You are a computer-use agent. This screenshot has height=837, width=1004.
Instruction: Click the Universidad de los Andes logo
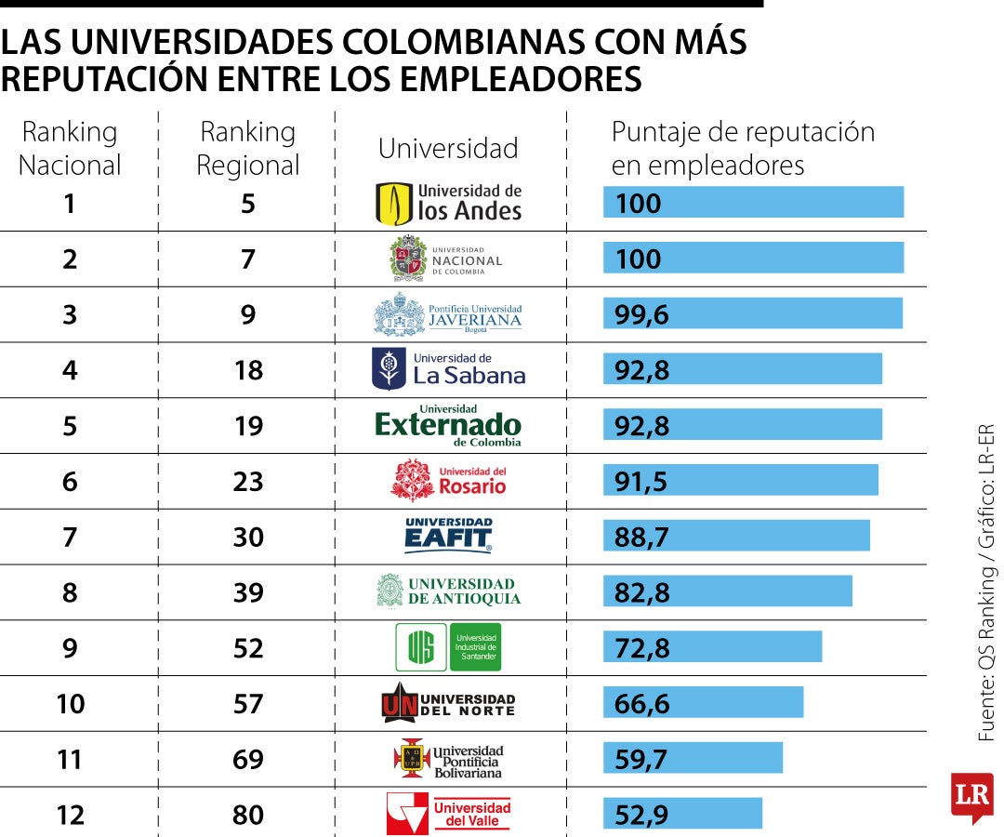(x=449, y=203)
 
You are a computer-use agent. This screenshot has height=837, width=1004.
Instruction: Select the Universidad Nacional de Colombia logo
(x=446, y=259)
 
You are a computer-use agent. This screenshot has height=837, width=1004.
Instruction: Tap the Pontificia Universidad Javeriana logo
(x=448, y=314)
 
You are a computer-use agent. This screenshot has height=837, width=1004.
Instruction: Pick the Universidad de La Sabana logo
(x=448, y=369)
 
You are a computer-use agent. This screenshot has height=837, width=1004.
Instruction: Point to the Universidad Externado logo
(x=448, y=425)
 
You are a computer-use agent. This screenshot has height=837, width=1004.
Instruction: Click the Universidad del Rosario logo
(x=448, y=481)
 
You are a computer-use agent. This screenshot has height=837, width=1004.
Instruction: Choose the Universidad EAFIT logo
(x=448, y=536)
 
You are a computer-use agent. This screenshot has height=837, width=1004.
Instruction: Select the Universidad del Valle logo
(x=448, y=814)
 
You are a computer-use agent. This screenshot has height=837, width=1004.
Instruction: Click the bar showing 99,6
(x=752, y=313)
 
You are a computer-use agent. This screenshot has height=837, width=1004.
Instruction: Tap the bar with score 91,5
(x=740, y=481)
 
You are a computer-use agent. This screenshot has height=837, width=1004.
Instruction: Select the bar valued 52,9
(x=682, y=814)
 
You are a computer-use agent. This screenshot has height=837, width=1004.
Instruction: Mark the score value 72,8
(x=641, y=647)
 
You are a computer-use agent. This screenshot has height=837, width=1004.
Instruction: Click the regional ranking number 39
(x=248, y=592)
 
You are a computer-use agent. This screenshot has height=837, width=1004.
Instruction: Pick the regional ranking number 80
(x=248, y=815)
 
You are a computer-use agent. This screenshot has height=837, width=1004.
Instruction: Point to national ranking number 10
(x=70, y=704)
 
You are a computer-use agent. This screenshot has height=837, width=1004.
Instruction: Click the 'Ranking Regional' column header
(x=248, y=149)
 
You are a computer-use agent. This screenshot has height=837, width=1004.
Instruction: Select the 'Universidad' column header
(x=448, y=149)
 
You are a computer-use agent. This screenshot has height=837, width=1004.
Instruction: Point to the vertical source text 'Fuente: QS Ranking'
(x=986, y=660)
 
